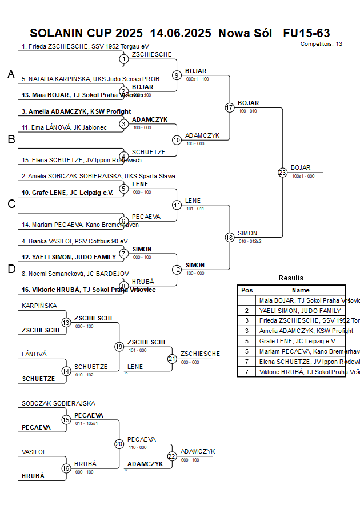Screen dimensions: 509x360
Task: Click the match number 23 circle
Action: pos(282,172)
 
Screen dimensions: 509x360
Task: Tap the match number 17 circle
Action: pos(230,107)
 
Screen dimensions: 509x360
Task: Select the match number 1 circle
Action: pos(123,59)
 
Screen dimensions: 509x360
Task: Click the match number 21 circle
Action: pos(172,359)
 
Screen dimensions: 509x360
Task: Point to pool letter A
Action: pos(11,74)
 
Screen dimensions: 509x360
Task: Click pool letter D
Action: pos(11,269)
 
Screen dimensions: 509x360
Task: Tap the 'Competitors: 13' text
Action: pos(321,44)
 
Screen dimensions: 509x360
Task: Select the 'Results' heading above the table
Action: pos(291,278)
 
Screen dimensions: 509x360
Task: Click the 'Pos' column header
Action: pos(247,290)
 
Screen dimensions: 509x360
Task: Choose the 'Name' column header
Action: pos(301,290)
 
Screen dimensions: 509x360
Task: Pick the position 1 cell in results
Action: pos(247,300)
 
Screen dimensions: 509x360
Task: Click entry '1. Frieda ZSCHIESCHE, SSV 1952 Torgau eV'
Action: pos(85,46)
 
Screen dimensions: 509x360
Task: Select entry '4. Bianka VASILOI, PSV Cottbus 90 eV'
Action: pos(75,241)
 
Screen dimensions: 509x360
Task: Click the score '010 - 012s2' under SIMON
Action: pos(250,241)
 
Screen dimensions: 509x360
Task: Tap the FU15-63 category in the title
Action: pos(306,33)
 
